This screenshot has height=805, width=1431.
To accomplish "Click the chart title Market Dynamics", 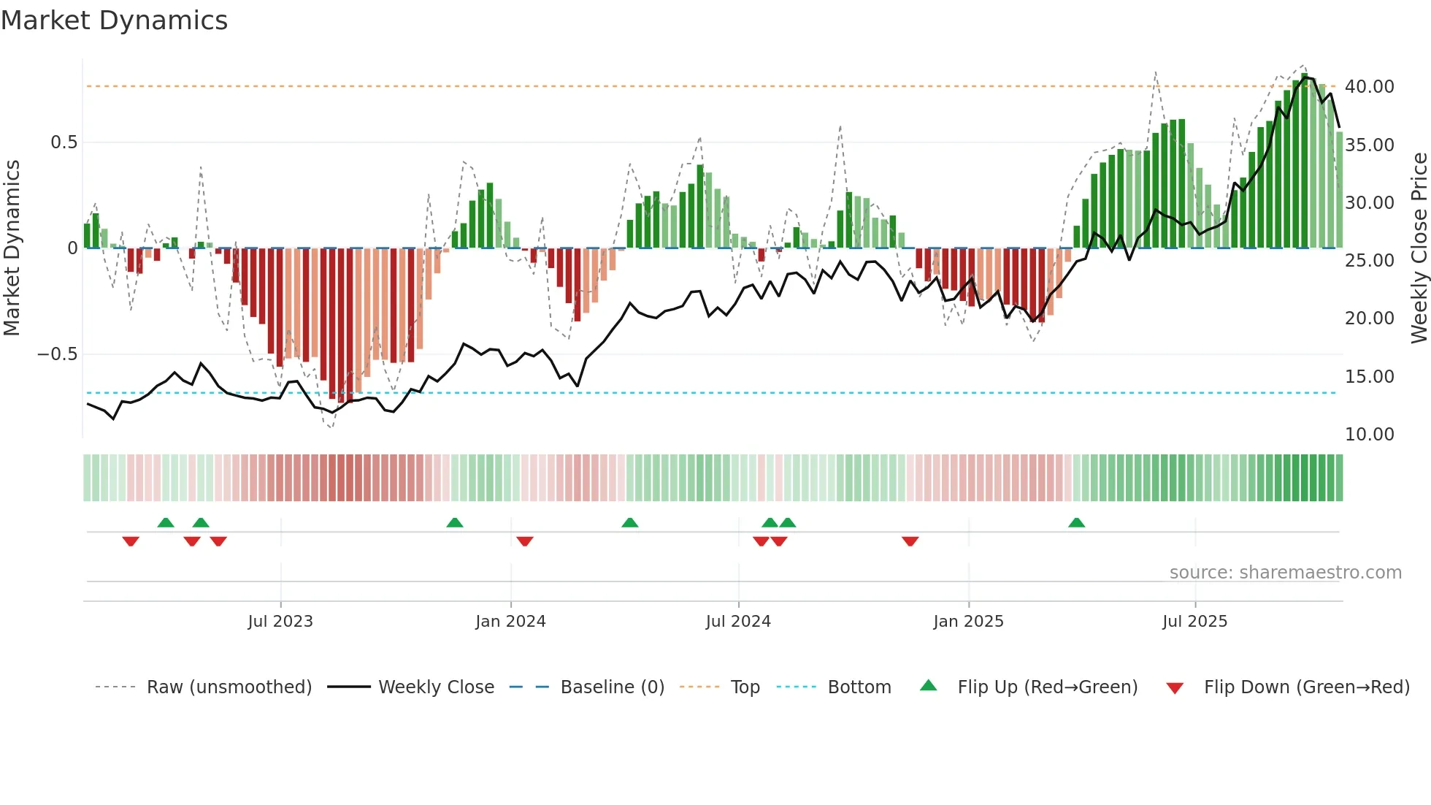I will click(x=114, y=20).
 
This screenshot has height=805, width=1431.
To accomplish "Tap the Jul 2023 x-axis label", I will click(x=280, y=622).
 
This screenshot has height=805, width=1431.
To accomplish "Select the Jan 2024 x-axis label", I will click(x=510, y=622).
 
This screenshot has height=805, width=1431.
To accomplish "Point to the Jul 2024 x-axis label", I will click(x=738, y=622).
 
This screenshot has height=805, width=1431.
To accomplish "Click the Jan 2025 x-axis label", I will click(x=968, y=622).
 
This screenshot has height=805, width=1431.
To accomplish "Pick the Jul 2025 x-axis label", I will click(x=1194, y=622).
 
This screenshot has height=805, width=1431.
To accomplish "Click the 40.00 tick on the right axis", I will click(x=1369, y=87).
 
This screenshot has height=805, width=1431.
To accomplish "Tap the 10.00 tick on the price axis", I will click(x=1369, y=435).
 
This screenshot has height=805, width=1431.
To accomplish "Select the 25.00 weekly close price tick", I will click(x=1369, y=261).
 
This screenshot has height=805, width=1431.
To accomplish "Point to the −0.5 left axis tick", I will click(x=57, y=354).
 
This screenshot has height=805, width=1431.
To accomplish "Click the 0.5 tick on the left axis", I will click(x=64, y=142).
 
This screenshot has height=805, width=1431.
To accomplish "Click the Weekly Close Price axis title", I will click(x=1419, y=248).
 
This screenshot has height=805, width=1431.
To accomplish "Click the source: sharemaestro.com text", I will click(x=1285, y=573).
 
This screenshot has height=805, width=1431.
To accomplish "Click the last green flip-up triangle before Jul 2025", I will click(x=1076, y=523).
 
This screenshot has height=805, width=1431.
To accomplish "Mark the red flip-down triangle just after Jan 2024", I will click(x=524, y=541).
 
